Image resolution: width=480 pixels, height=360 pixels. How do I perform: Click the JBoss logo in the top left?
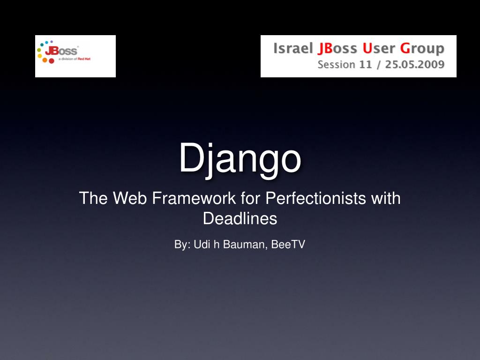[75, 56]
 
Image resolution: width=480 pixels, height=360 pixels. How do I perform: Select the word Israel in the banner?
[293, 48]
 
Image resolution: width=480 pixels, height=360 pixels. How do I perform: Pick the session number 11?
[366, 65]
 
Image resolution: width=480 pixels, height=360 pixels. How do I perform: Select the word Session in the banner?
[336, 65]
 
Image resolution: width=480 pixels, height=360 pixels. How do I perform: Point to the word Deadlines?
[240, 218]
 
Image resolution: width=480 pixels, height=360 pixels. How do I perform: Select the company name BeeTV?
[288, 244]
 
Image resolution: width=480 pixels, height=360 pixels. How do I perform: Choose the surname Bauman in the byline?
[246, 244]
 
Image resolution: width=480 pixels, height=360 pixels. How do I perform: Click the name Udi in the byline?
[202, 244]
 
